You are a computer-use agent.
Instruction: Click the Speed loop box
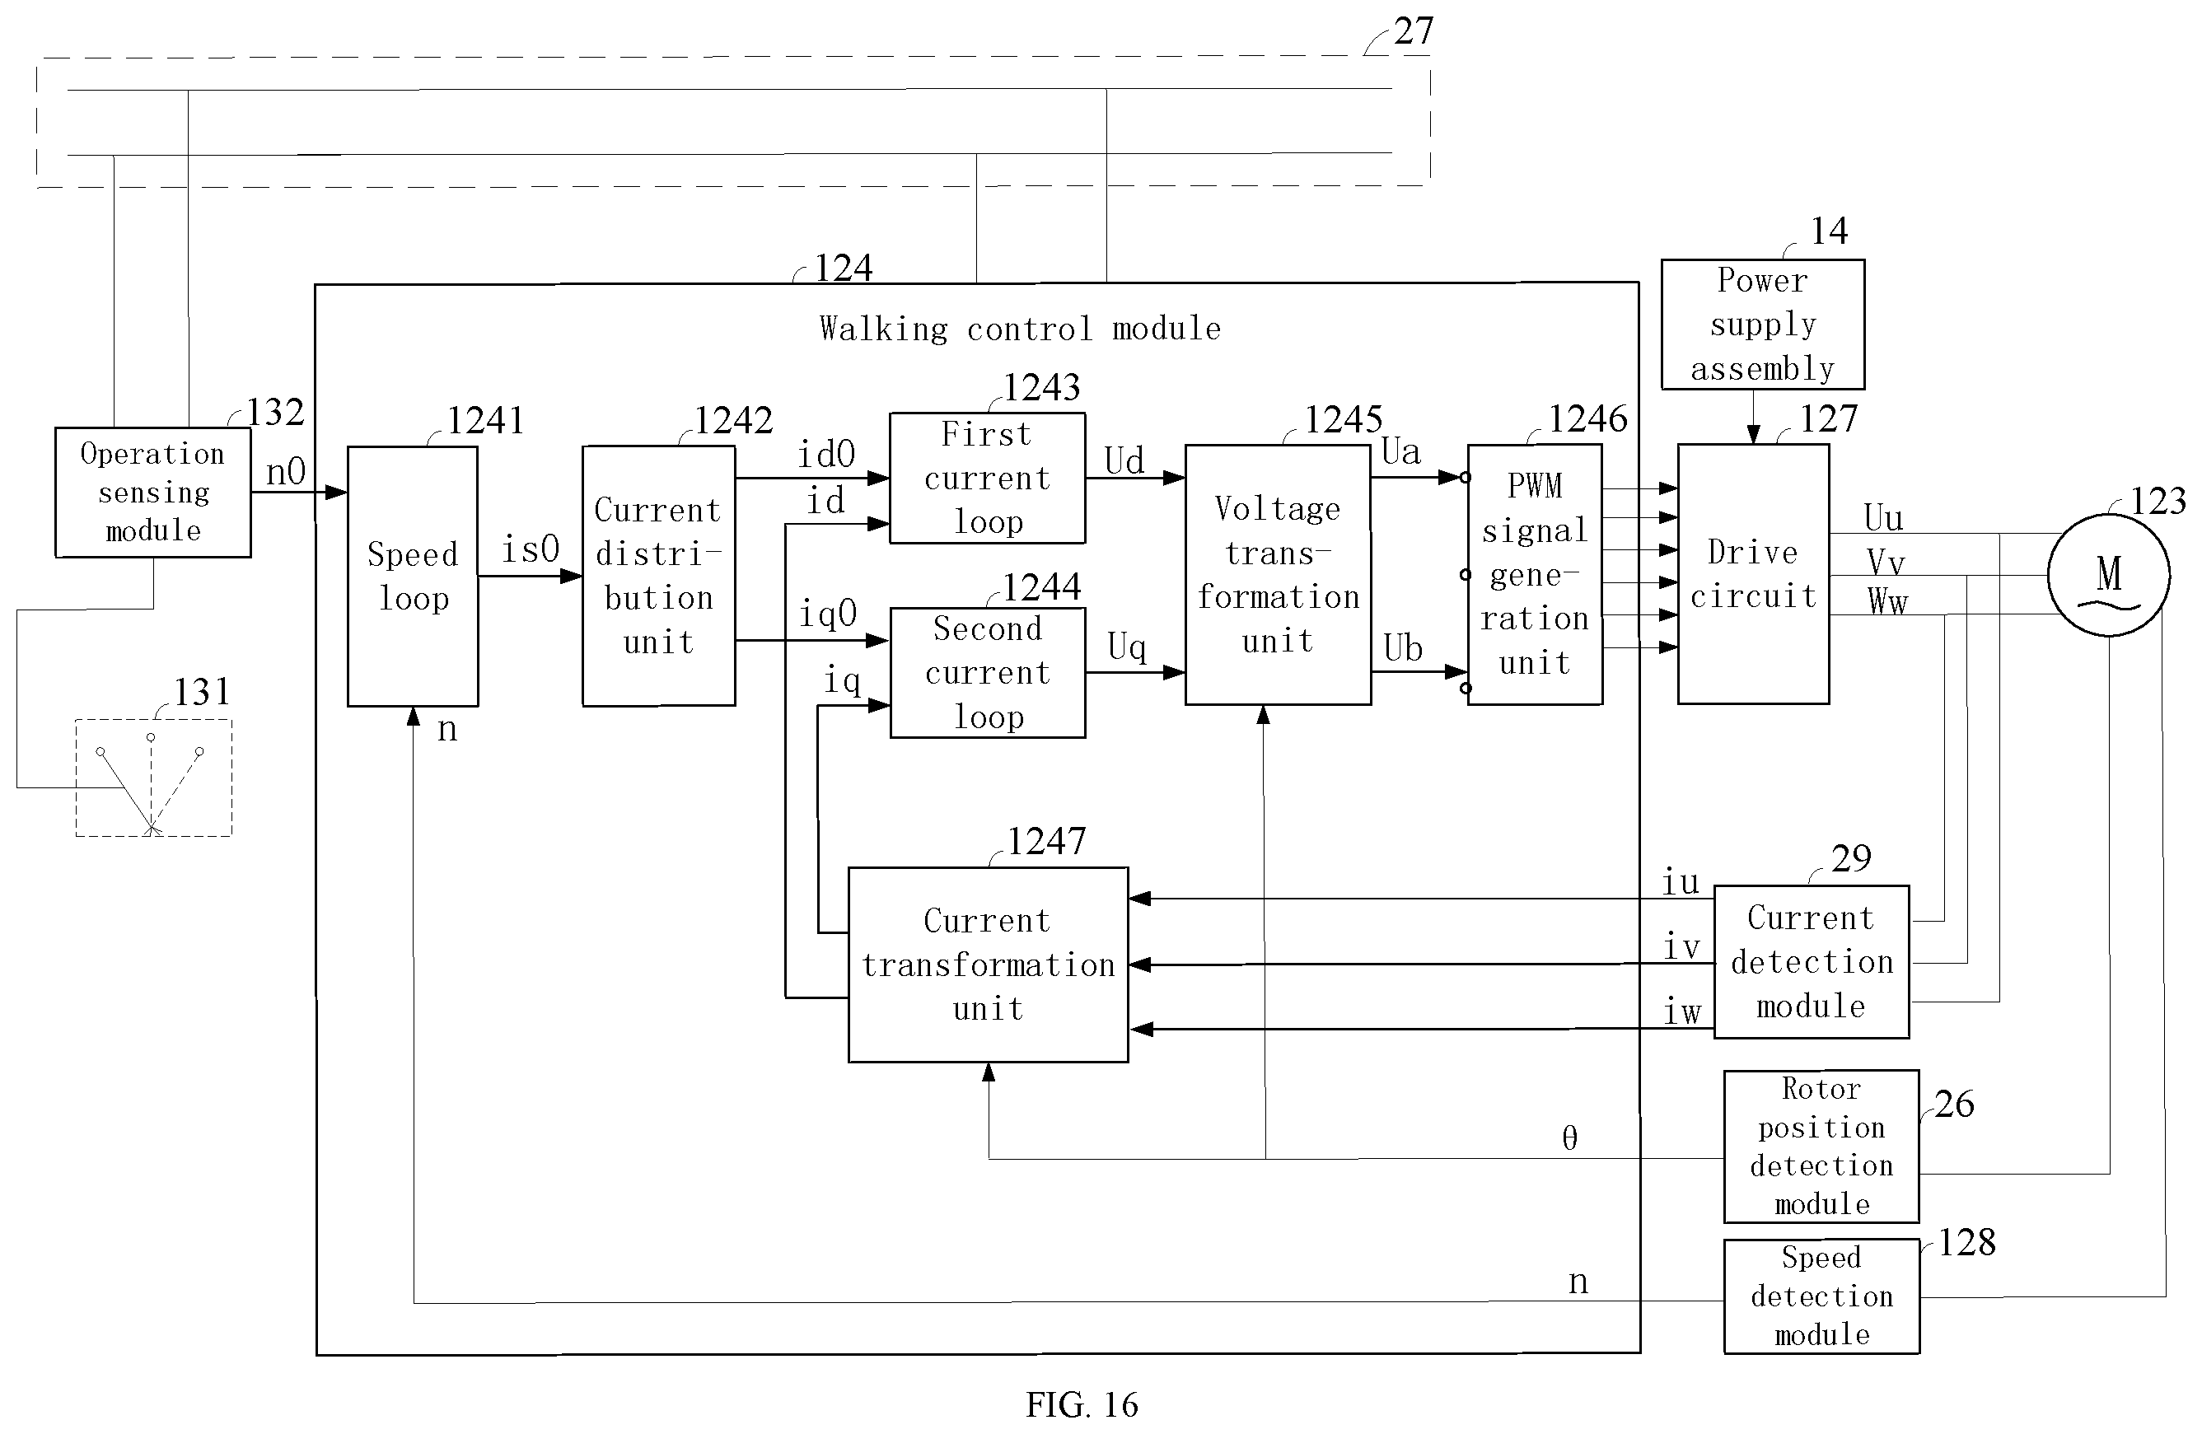[x=413, y=577]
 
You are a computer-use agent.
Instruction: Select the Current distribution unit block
[x=659, y=577]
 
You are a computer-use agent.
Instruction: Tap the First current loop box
[x=987, y=478]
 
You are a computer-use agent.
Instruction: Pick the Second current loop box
[x=987, y=673]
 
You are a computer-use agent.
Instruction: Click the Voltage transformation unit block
[x=1278, y=575]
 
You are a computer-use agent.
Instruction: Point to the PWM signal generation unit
[x=1535, y=575]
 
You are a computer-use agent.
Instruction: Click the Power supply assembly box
[x=1763, y=325]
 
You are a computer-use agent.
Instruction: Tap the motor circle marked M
[x=2109, y=575]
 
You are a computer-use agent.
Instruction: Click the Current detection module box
[x=1812, y=962]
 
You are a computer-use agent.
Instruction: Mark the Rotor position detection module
[x=1821, y=1147]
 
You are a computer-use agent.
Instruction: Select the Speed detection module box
[x=1821, y=1296]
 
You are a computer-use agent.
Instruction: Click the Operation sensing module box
[x=152, y=493]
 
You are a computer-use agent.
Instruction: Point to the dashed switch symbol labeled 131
[x=153, y=778]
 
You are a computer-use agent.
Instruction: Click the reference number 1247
[x=1046, y=841]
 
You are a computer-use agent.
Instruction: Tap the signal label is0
[x=531, y=549]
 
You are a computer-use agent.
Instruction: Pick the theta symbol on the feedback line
[x=1569, y=1138]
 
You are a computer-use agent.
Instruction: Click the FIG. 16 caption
[x=1082, y=1404]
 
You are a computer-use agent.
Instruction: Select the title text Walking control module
[x=1020, y=329]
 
